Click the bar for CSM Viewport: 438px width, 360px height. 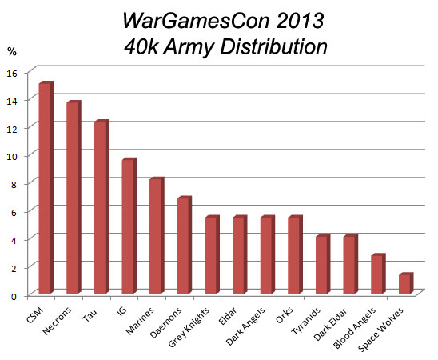tap(46, 189)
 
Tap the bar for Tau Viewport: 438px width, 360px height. tap(101, 208)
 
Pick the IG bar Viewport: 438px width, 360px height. tap(129, 227)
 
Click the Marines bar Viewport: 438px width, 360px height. tap(156, 237)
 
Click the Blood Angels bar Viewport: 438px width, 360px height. tap(377, 275)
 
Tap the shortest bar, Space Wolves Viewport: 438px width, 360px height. tap(405, 284)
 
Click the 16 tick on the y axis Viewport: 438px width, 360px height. tap(12, 71)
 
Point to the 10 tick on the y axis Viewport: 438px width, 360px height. tap(12, 155)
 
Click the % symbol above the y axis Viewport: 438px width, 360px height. tap(12, 52)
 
